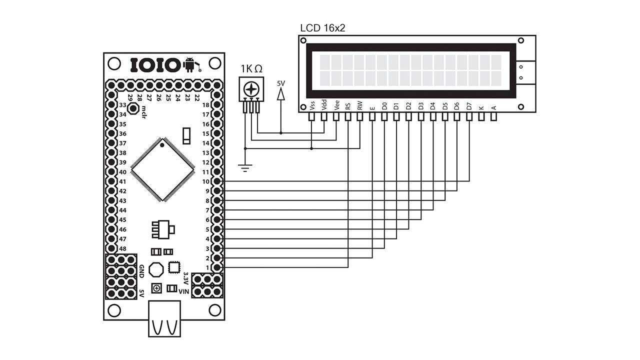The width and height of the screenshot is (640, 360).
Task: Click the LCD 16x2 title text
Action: point(322,28)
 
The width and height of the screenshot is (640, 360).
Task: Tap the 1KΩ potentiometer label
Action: point(251,69)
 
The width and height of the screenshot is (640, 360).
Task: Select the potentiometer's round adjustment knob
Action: point(250,89)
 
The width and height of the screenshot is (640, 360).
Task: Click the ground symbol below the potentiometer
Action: point(245,168)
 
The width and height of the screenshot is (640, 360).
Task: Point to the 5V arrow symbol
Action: point(281,92)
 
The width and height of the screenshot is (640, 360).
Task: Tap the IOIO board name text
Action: point(155,65)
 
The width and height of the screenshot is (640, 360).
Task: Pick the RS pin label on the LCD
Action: point(348,105)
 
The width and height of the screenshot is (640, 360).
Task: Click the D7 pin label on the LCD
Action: point(469,106)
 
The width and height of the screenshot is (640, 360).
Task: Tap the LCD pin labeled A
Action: point(493,107)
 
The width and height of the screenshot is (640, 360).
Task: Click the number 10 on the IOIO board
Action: point(205,181)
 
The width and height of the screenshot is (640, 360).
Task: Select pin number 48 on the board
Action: point(122,248)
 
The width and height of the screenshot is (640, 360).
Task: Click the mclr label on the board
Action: point(143,110)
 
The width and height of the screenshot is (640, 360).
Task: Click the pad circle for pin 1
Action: point(217,267)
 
